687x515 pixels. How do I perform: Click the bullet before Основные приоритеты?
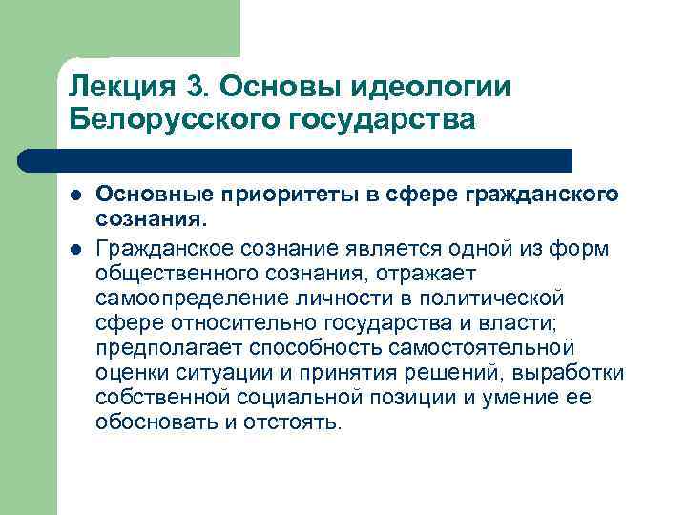(75, 195)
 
